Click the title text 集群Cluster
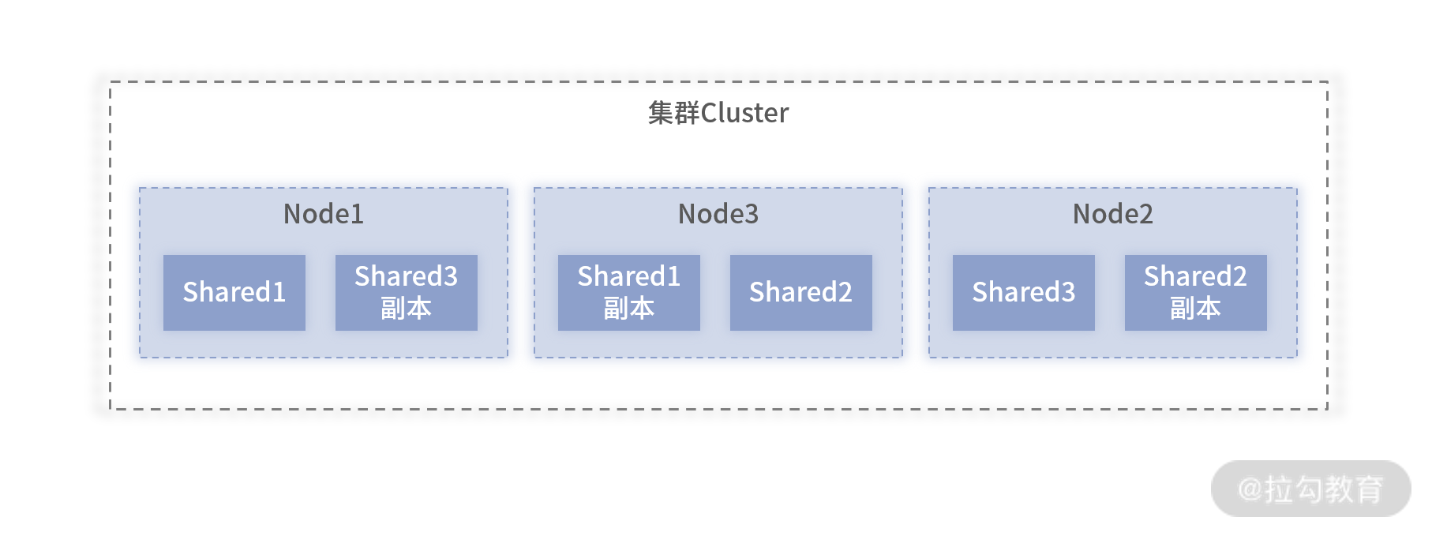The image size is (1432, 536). [718, 113]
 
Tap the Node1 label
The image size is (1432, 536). [324, 214]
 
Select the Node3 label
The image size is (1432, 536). [718, 214]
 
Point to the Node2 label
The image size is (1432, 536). [1113, 214]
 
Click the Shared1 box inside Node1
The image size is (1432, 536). [234, 292]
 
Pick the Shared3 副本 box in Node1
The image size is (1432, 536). [407, 292]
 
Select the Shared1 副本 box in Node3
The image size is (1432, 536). [629, 292]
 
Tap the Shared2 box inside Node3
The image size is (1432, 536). [801, 292]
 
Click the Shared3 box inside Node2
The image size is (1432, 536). [1024, 292]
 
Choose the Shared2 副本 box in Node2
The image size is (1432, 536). [1196, 292]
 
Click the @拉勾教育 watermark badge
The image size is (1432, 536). [1311, 489]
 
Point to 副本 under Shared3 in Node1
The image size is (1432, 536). [407, 308]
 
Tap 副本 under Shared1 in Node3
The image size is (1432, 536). [629, 308]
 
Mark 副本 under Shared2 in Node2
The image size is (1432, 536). [1196, 308]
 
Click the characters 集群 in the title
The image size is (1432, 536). [673, 113]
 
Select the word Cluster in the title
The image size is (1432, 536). [744, 114]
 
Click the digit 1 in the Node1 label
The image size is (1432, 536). [357, 214]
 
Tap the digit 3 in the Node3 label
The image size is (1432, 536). [752, 214]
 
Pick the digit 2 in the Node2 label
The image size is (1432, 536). [1146, 214]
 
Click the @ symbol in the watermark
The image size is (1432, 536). [1250, 489]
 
